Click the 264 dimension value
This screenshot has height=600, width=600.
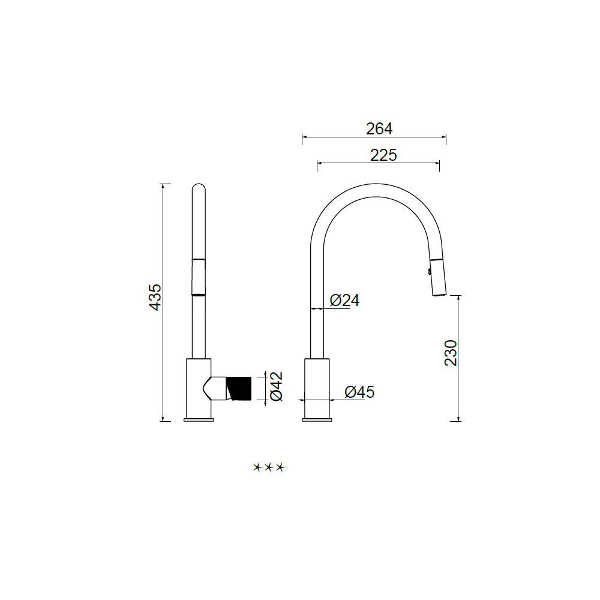coord(379,128)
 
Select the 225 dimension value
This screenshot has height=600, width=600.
coord(383,155)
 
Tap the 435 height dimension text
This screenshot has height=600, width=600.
coord(155,297)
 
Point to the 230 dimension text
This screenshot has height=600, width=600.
coord(451,353)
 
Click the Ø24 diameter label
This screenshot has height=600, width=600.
coord(344,301)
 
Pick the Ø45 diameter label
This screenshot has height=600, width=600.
coord(359,392)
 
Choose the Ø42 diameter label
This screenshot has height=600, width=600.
coord(276,386)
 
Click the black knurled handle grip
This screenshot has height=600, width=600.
coord(239,388)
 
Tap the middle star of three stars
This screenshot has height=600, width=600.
coord(269,467)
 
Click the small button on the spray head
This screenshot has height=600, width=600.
coord(430,272)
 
